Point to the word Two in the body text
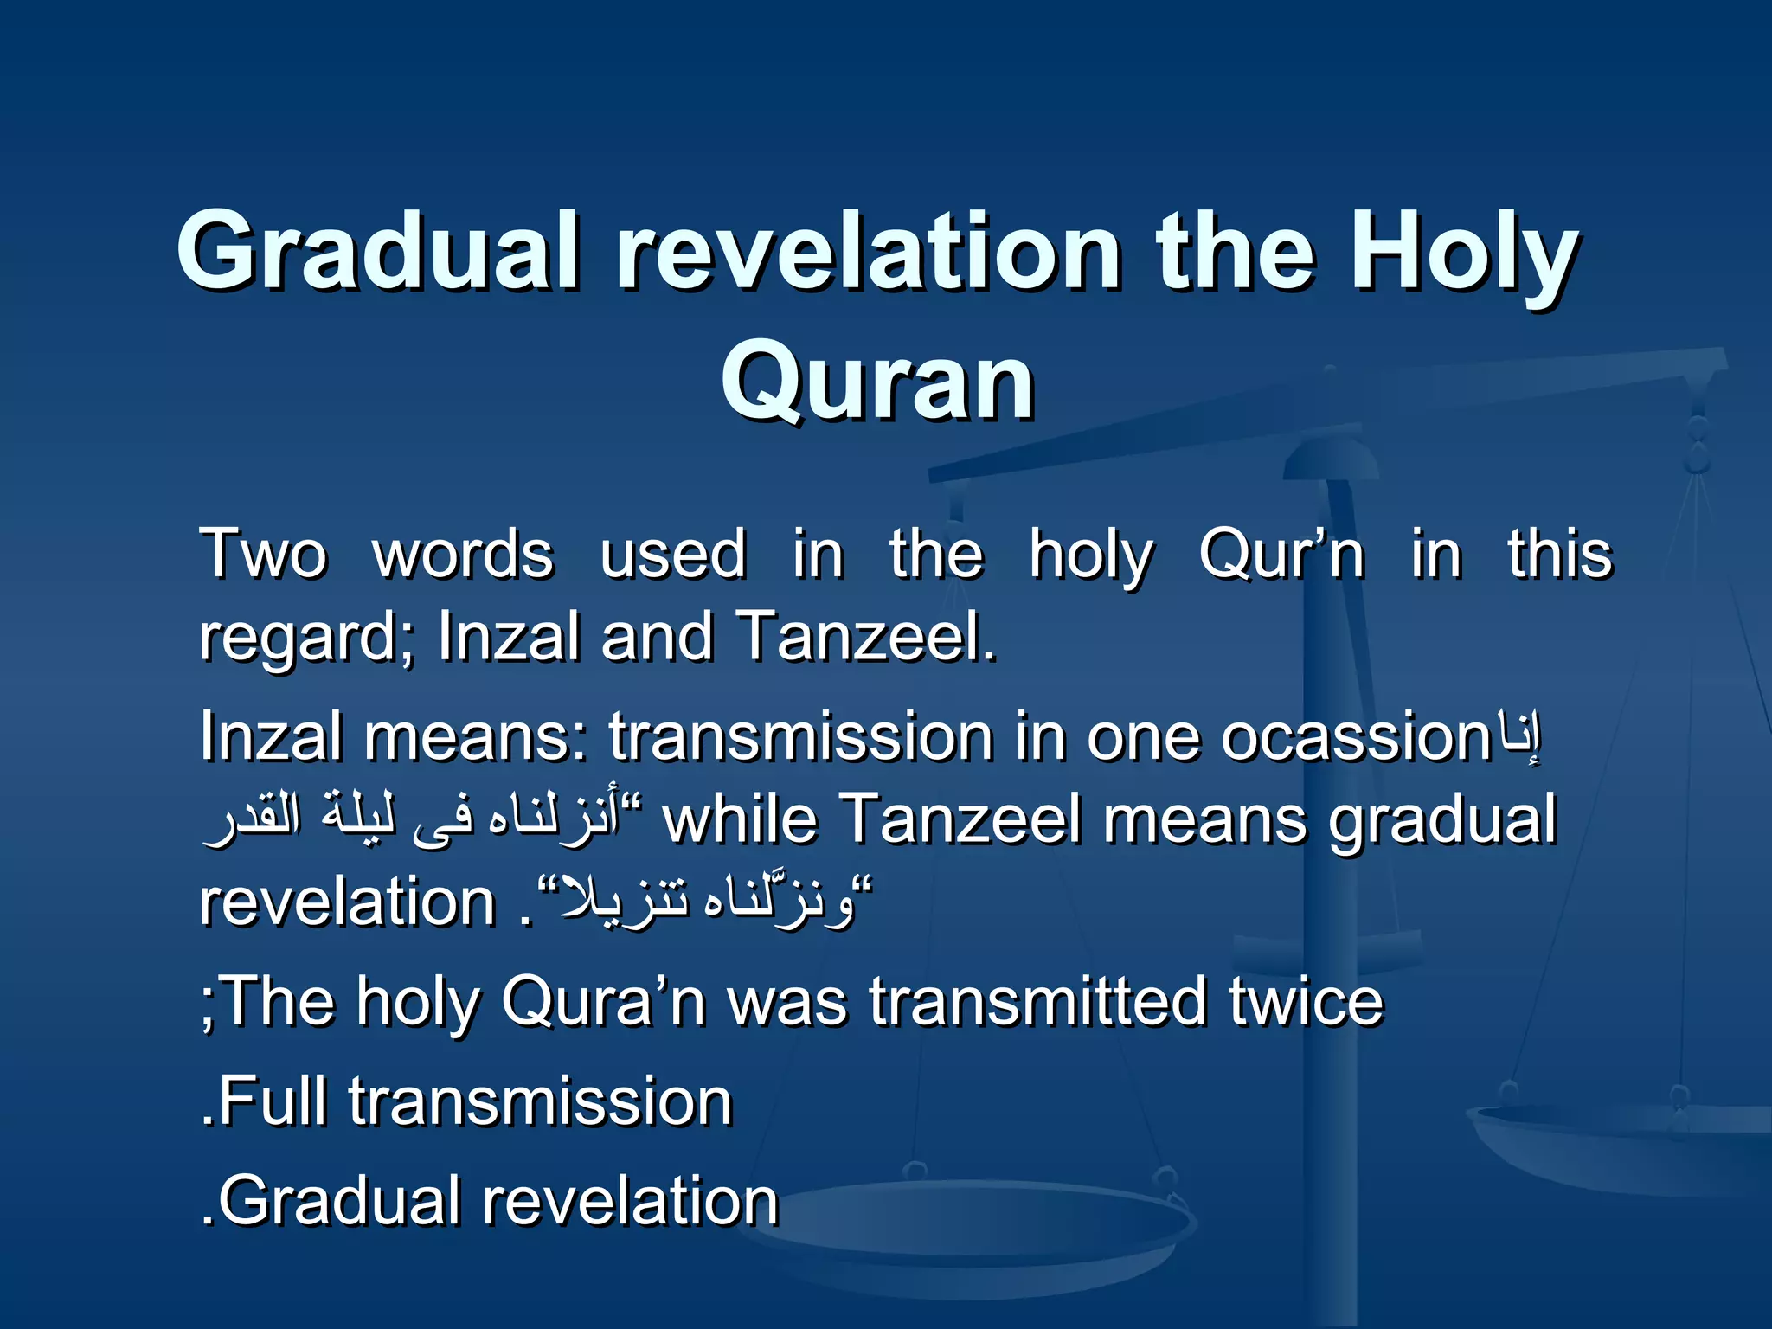(264, 555)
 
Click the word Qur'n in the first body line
(1281, 555)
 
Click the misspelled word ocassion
(1355, 738)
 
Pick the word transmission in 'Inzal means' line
(800, 738)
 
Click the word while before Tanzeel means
(740, 819)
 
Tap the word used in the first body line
(672, 555)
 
